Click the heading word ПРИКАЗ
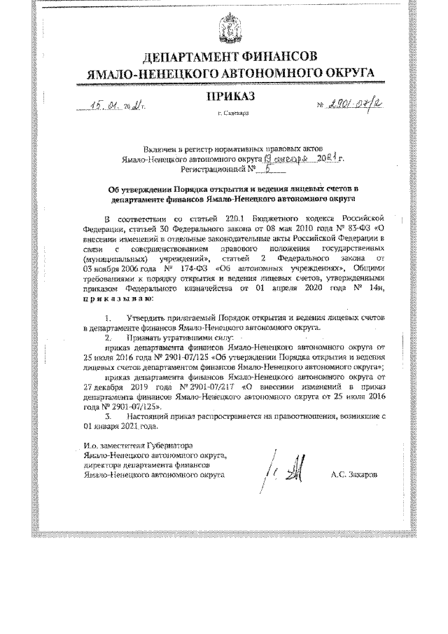pos(230,95)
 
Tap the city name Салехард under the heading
pos(232,113)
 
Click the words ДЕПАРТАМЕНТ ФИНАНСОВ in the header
pos(230,56)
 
